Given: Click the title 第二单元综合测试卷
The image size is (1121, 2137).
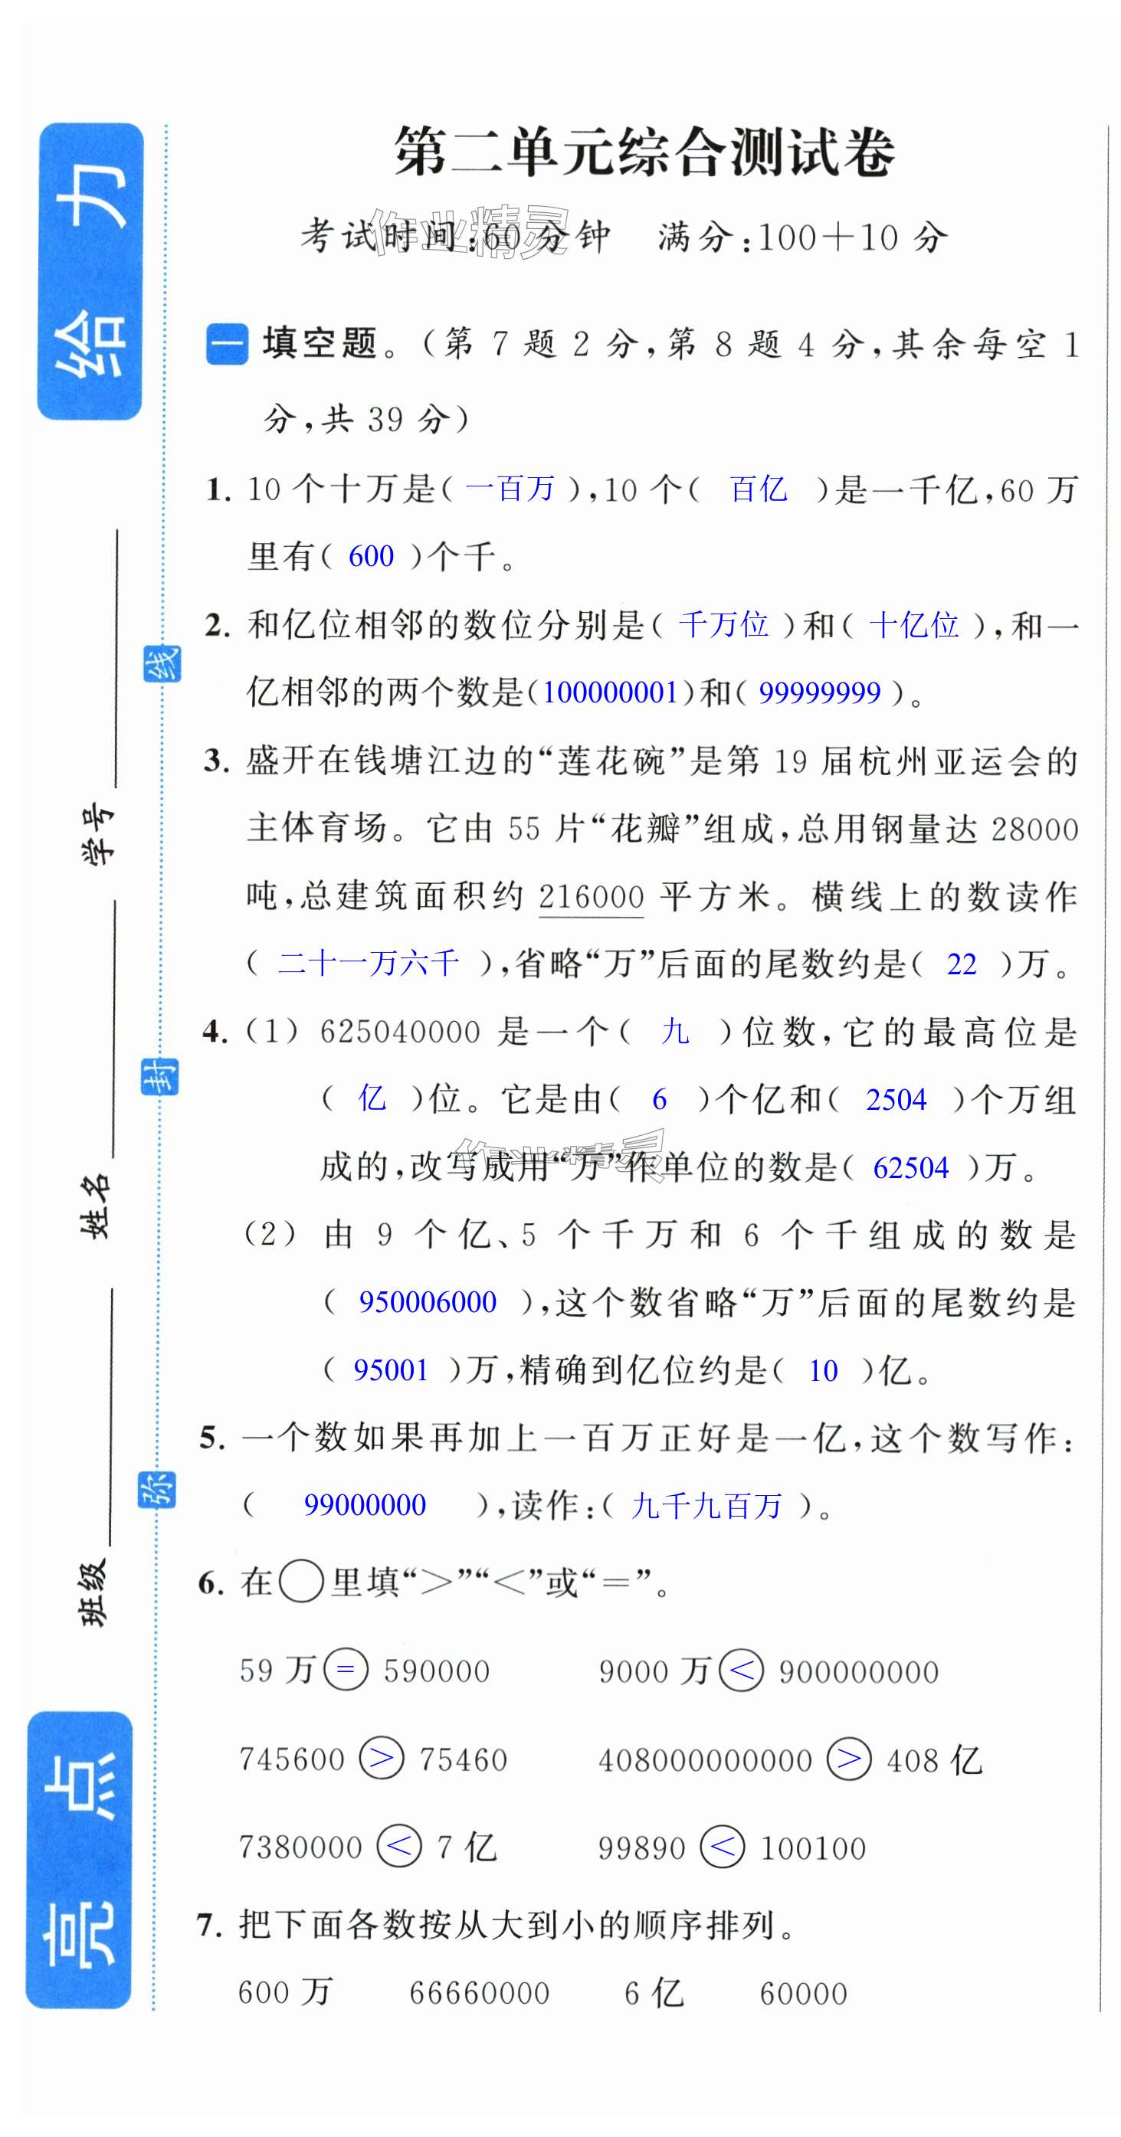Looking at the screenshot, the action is point(644,152).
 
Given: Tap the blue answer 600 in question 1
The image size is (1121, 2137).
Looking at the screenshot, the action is point(370,557).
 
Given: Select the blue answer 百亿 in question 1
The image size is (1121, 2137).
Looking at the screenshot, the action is point(758,489).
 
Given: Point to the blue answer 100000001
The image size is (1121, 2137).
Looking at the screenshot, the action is point(610,692).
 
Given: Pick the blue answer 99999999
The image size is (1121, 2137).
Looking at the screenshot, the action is point(819,692).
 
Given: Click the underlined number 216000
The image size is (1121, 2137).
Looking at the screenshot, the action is point(591,898).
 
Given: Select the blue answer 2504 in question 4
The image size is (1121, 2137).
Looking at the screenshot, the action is point(895,1100).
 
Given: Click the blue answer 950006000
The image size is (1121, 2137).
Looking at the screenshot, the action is point(428,1302).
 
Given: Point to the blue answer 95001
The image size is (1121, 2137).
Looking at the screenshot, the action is point(391,1370).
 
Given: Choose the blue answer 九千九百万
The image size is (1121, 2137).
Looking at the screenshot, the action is point(706,1506).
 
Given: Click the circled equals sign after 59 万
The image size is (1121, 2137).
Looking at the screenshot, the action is point(345,1669).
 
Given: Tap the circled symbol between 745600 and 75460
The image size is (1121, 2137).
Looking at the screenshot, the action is point(381,1759).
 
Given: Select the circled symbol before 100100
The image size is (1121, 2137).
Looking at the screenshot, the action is point(721,1847).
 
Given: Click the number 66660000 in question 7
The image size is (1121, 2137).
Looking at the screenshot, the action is point(479,1993).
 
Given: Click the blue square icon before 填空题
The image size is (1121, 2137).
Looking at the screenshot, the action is point(227,344).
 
